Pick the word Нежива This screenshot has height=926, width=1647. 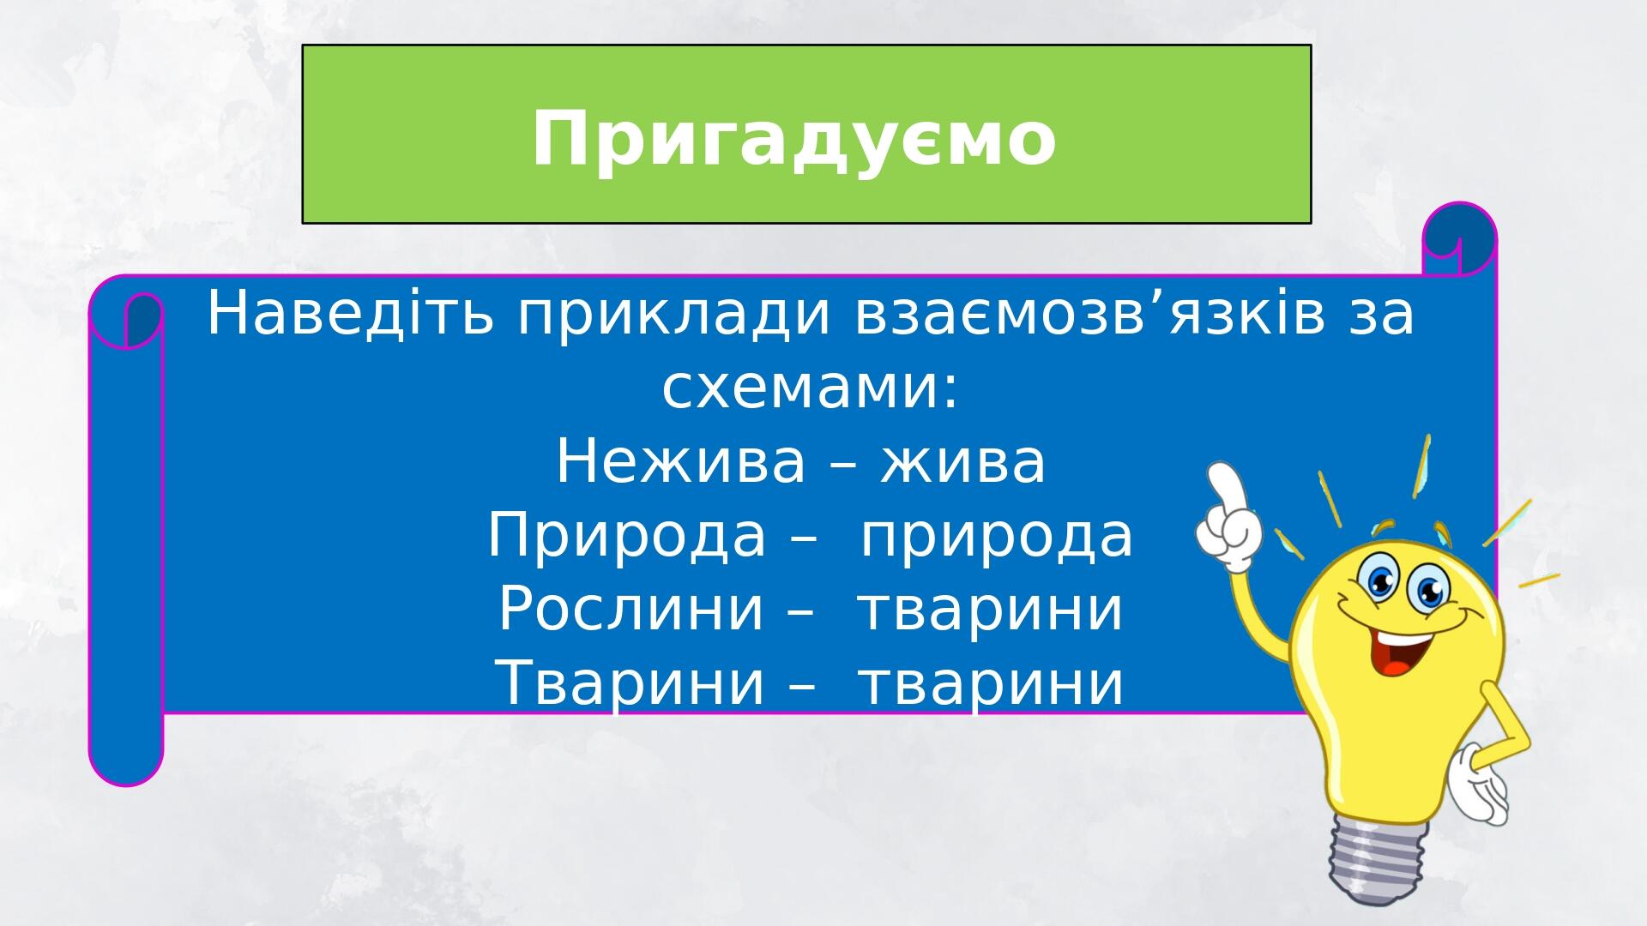tap(681, 462)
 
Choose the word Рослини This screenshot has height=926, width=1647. tap(630, 610)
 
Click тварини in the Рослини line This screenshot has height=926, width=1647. tap(991, 612)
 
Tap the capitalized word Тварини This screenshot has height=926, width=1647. tap(630, 683)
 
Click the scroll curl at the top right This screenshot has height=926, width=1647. tap(1459, 239)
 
